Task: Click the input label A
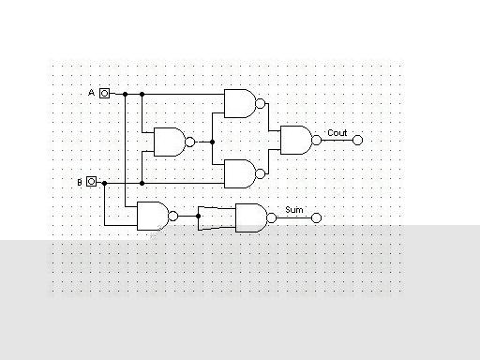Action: [92, 93]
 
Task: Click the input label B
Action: [80, 182]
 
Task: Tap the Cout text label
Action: [337, 133]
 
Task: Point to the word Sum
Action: [293, 210]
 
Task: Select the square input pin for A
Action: [105, 94]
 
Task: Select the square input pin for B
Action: [92, 182]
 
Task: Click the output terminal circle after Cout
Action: [356, 140]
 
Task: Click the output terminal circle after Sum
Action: [316, 218]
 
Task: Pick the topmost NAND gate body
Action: [239, 103]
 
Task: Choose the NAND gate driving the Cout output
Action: [295, 140]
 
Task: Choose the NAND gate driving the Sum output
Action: [249, 217]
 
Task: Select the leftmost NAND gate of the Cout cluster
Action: [169, 142]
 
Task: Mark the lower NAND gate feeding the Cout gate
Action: [239, 172]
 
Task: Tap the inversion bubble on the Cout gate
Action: [317, 140]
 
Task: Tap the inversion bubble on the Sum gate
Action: [271, 218]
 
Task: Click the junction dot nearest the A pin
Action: [125, 94]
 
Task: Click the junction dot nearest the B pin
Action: [105, 182]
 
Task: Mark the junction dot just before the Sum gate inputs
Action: [199, 217]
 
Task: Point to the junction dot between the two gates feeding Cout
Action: [214, 142]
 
